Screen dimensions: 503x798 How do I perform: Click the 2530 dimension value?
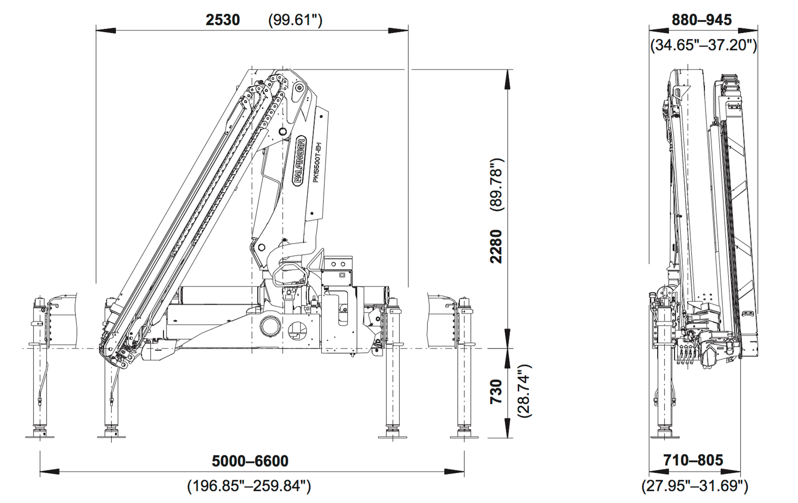coord(223,20)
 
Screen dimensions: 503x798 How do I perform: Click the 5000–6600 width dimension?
coord(250,461)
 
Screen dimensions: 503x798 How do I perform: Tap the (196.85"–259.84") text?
coord(249,486)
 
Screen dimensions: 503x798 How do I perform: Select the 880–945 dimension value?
coord(702,20)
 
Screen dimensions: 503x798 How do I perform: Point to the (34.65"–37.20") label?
coord(704,45)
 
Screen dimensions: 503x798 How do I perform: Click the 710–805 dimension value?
coord(693,460)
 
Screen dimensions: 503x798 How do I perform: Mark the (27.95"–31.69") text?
coord(695,486)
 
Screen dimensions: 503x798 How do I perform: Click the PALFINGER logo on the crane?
coord(300,160)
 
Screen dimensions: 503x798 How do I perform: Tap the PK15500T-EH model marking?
coord(317,162)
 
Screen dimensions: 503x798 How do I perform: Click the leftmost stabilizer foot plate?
coord(40,437)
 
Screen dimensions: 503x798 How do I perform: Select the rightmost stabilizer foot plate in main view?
coord(464,437)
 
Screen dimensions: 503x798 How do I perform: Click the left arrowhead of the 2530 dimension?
coord(105,30)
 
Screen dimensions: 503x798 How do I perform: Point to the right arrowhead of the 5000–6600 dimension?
coord(454,471)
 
